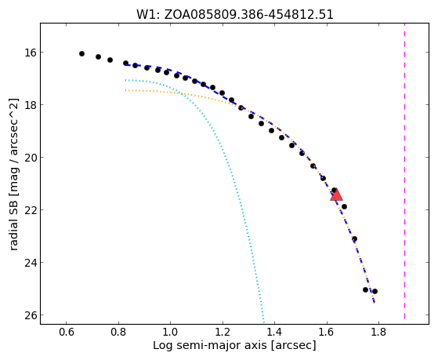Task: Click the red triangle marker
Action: coord(337,195)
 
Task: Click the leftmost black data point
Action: coord(81,53)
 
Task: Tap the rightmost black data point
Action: coord(375,292)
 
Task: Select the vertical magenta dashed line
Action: coord(404,173)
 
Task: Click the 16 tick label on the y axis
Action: coord(31,53)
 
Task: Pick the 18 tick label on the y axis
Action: coord(31,105)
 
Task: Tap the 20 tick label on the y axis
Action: coord(31,158)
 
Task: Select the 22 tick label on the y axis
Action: coord(31,210)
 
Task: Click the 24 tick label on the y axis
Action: coord(31,263)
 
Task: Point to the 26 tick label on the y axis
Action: coord(31,315)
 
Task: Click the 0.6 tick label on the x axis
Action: coord(66,332)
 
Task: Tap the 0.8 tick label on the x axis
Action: coord(118,332)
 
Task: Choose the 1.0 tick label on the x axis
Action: coord(170,332)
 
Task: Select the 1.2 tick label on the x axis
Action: coord(223,332)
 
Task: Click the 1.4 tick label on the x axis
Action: coord(274,332)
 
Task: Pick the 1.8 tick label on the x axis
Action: coord(378,332)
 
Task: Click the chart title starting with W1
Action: coord(234,15)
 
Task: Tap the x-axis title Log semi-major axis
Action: coord(234,345)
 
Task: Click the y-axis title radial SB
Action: coord(13,174)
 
